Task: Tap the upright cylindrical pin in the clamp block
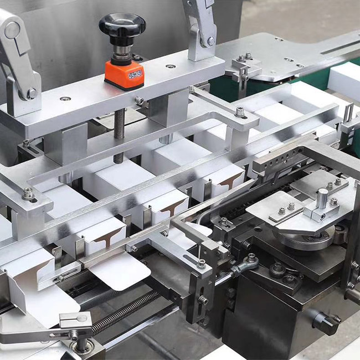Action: point(322,198)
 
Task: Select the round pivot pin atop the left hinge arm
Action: point(12,30)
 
